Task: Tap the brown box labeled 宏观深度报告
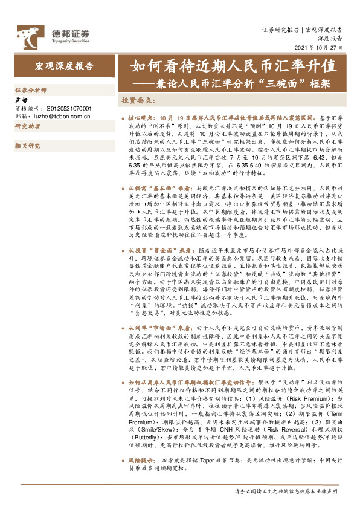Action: [63, 67]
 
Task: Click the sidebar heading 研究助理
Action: [27, 126]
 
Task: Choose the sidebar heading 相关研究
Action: [27, 146]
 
